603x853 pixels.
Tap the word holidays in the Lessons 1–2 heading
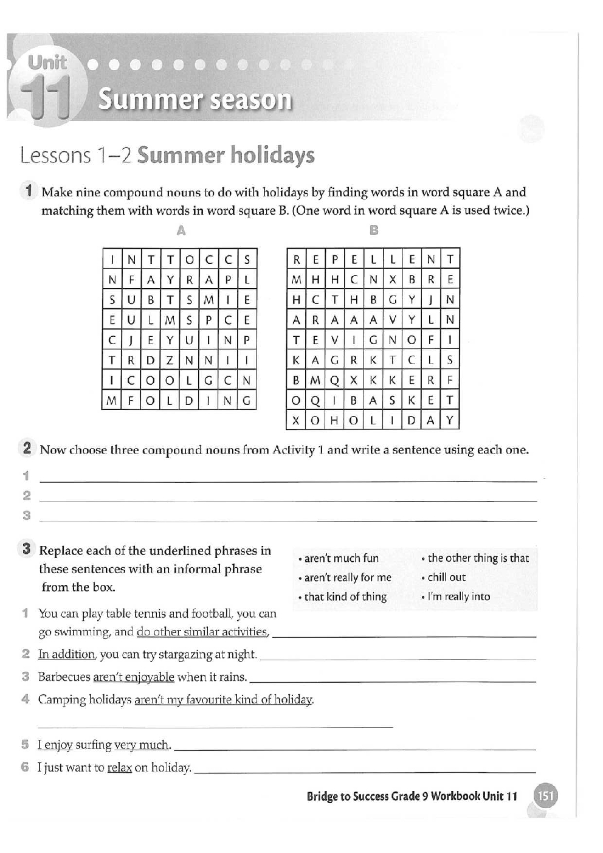(272, 156)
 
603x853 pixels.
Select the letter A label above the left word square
(181, 231)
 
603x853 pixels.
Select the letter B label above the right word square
(374, 230)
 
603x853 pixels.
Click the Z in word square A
(170, 360)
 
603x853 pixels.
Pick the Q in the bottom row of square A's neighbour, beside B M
(334, 380)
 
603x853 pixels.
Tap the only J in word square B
(430, 300)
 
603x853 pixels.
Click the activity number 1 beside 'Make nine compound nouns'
(29, 191)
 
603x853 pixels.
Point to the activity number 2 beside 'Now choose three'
(27, 449)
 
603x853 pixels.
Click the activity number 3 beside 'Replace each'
(27, 549)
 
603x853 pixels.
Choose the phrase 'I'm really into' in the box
(458, 596)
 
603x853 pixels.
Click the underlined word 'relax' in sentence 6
(119, 768)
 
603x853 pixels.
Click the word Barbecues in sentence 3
(64, 677)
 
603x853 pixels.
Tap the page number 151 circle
(545, 796)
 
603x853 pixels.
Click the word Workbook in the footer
(455, 796)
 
